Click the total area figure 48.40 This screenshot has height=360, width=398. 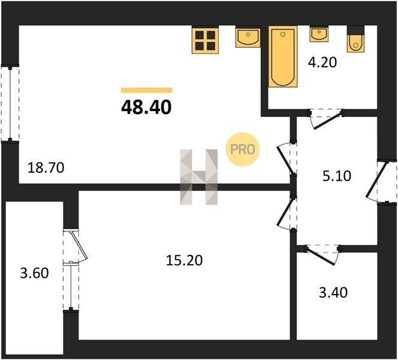(x=146, y=107)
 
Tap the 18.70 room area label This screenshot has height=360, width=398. (x=46, y=168)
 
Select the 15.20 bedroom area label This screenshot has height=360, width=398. (x=184, y=260)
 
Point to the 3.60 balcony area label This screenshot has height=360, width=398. (x=34, y=274)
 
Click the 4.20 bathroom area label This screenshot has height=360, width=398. (x=322, y=62)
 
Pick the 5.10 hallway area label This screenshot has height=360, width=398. (x=337, y=176)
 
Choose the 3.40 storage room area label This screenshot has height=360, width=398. (x=333, y=292)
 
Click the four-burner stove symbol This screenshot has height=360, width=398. (x=206, y=40)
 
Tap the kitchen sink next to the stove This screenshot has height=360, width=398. (x=248, y=37)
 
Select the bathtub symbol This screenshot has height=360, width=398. (x=283, y=56)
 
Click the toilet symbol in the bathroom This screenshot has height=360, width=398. (x=355, y=39)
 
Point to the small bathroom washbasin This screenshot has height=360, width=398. (x=319, y=34)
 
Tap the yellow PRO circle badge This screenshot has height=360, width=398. (x=242, y=149)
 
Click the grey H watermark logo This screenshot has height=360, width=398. (x=199, y=177)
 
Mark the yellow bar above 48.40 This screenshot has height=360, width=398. (x=147, y=90)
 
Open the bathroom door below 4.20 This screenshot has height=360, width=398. (x=325, y=118)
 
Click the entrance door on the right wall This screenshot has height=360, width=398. (x=381, y=182)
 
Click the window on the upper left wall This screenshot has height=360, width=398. (x=10, y=104)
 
